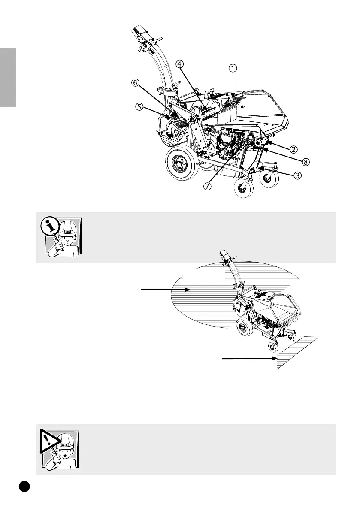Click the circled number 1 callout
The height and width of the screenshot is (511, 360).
tap(233, 68)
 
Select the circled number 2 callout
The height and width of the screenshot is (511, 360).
tap(293, 150)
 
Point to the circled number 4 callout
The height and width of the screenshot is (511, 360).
tap(179, 63)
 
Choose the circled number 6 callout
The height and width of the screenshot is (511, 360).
tap(136, 85)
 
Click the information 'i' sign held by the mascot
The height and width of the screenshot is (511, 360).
tap(51, 225)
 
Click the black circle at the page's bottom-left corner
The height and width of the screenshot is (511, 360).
tap(24, 486)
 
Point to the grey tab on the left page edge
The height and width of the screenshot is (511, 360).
tap(8, 78)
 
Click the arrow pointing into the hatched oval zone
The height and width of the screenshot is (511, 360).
tap(165, 290)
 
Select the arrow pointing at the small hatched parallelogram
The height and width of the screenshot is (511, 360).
tap(248, 357)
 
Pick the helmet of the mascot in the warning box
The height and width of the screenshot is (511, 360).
tap(67, 442)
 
